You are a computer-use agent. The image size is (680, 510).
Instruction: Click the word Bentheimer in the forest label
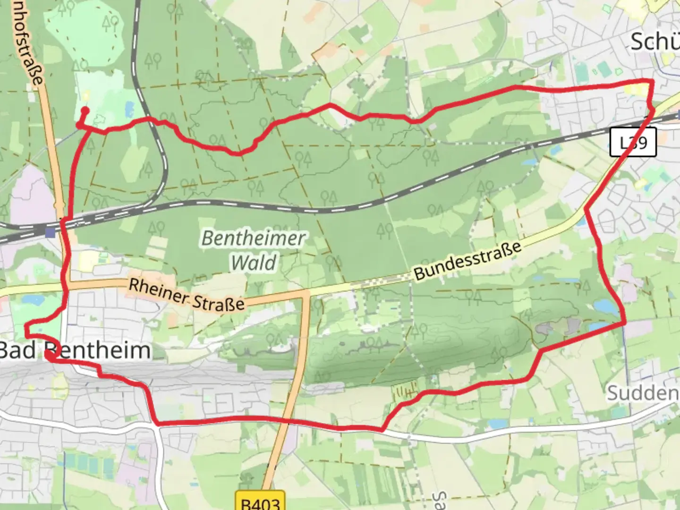[254, 238]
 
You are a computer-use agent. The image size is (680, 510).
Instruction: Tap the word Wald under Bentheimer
[254, 263]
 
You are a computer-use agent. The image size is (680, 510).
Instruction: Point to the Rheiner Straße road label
[187, 294]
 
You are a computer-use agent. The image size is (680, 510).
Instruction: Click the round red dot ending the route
[85, 110]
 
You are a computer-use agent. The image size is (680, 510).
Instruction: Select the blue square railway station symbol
[50, 232]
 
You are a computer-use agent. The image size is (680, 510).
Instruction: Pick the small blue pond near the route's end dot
[129, 110]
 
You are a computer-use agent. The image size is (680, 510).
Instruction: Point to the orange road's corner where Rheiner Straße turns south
[305, 294]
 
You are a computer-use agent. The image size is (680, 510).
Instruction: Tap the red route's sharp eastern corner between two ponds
[625, 323]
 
